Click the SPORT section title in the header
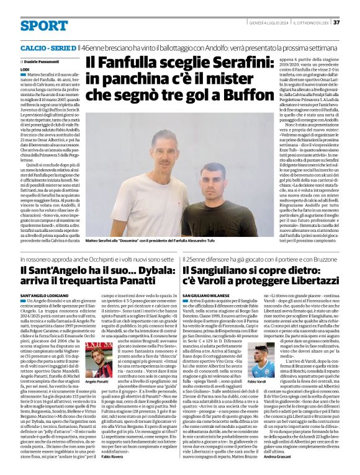pyautogui.click(x=44, y=25)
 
